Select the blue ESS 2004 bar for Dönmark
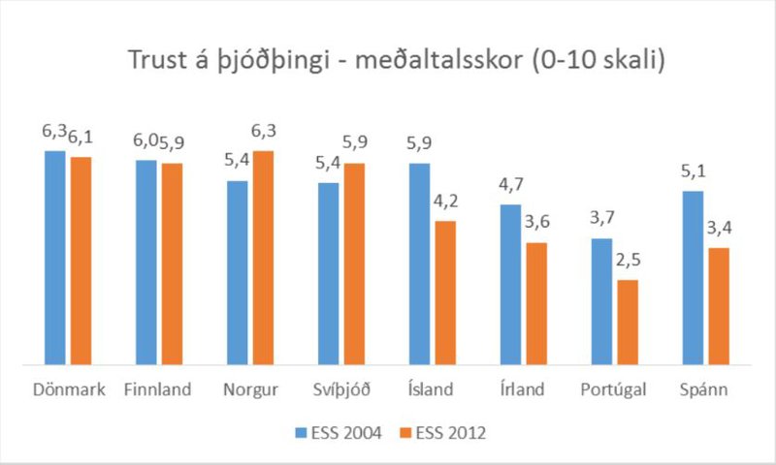[x=54, y=257]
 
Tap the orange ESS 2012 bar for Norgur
[x=263, y=257]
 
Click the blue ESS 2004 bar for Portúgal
[x=602, y=301]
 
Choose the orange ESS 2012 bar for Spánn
[x=719, y=306]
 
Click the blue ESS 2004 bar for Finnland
[x=145, y=262]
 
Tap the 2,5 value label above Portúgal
[x=628, y=262]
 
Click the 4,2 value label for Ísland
[x=445, y=202]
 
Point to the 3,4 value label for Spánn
[x=719, y=230]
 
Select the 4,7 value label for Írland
[x=511, y=186]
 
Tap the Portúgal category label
[x=615, y=389]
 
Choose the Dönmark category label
[x=67, y=389]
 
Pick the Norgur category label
[x=250, y=389]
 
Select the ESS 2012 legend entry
[x=442, y=433]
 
